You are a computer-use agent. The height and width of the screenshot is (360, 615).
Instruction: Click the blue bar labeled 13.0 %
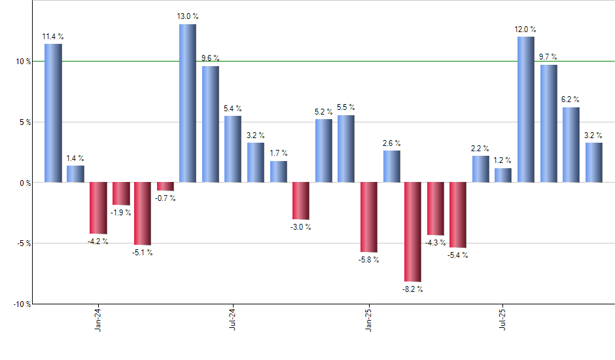tap(188, 103)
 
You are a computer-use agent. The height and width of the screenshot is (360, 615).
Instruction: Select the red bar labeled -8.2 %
tap(413, 232)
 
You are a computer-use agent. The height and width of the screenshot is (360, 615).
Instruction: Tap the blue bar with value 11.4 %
tap(53, 113)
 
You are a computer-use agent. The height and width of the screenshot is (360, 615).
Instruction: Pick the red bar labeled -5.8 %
tap(368, 217)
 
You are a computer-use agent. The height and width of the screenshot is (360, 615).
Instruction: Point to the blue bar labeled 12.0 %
tap(525, 109)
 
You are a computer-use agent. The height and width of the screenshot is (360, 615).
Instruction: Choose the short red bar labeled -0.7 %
tap(166, 186)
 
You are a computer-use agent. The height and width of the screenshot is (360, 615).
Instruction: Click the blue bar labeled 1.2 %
tap(503, 175)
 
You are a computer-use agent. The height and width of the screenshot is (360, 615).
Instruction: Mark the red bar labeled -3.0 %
tap(301, 200)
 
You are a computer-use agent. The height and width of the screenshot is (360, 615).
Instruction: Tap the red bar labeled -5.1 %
tap(143, 213)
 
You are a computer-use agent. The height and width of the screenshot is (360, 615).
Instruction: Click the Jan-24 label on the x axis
tap(98, 319)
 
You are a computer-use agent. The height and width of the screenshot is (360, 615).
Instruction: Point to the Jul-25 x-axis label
tap(502, 319)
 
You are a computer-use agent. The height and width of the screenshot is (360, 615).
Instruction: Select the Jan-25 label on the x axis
tap(368, 319)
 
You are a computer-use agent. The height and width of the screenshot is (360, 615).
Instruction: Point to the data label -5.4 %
tap(457, 255)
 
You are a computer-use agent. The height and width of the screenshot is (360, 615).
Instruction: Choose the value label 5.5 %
tap(346, 107)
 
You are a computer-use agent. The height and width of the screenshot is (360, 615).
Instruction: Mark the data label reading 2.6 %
tap(392, 143)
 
